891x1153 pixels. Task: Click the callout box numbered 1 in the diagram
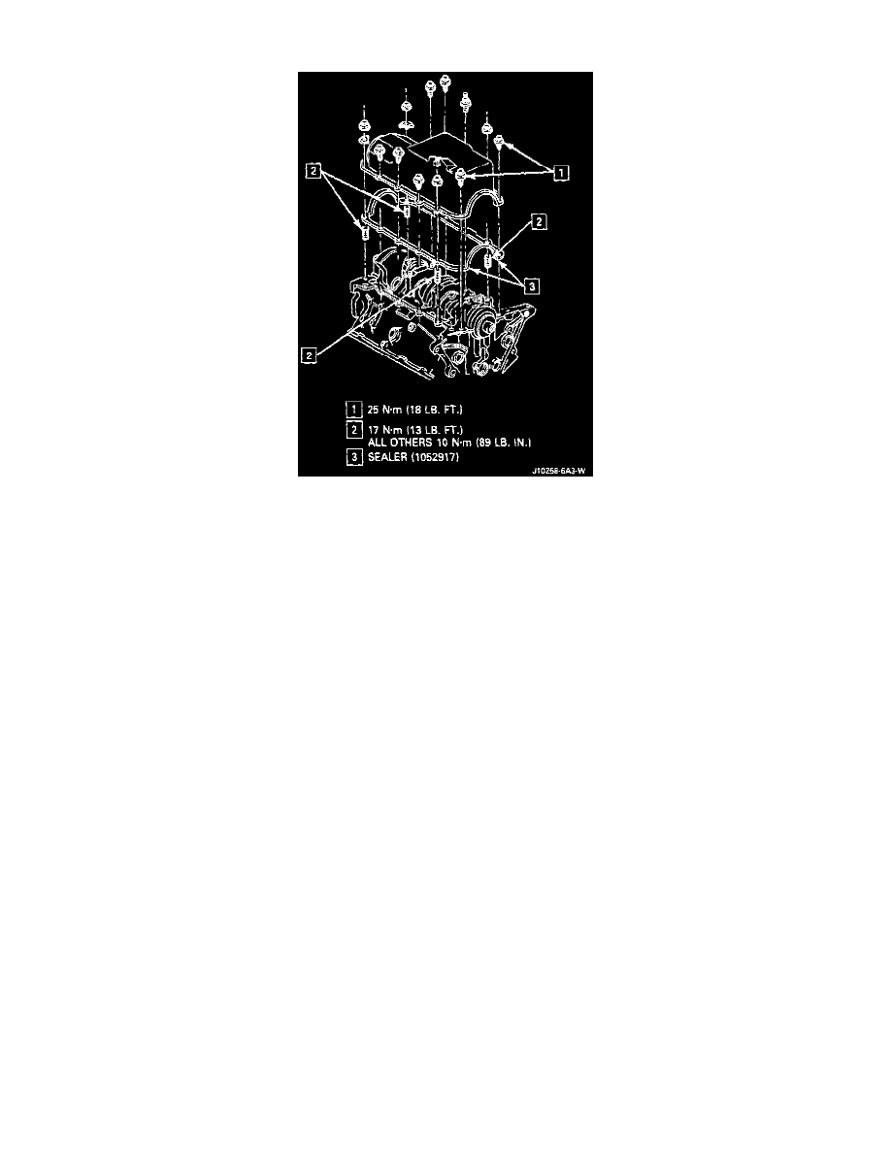click(x=560, y=173)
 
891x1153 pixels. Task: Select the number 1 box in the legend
click(x=354, y=410)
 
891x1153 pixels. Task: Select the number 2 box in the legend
click(x=354, y=429)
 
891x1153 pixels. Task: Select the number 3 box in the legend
click(x=354, y=457)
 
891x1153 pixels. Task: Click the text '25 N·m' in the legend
click(x=384, y=410)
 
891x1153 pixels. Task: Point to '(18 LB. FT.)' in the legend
click(x=435, y=410)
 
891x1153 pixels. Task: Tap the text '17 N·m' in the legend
click(x=384, y=429)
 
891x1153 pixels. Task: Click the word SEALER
click(x=387, y=457)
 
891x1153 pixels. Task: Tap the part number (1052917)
click(x=435, y=457)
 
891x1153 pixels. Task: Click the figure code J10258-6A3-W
click(x=559, y=472)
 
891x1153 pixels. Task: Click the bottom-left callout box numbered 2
click(x=310, y=355)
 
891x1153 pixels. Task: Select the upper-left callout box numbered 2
click(x=313, y=172)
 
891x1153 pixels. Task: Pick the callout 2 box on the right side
click(x=539, y=221)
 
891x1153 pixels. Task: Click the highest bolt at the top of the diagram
click(x=444, y=81)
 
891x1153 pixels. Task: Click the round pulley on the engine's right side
click(x=483, y=323)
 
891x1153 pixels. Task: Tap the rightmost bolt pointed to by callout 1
click(x=499, y=141)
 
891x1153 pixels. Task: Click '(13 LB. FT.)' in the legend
click(x=435, y=429)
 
